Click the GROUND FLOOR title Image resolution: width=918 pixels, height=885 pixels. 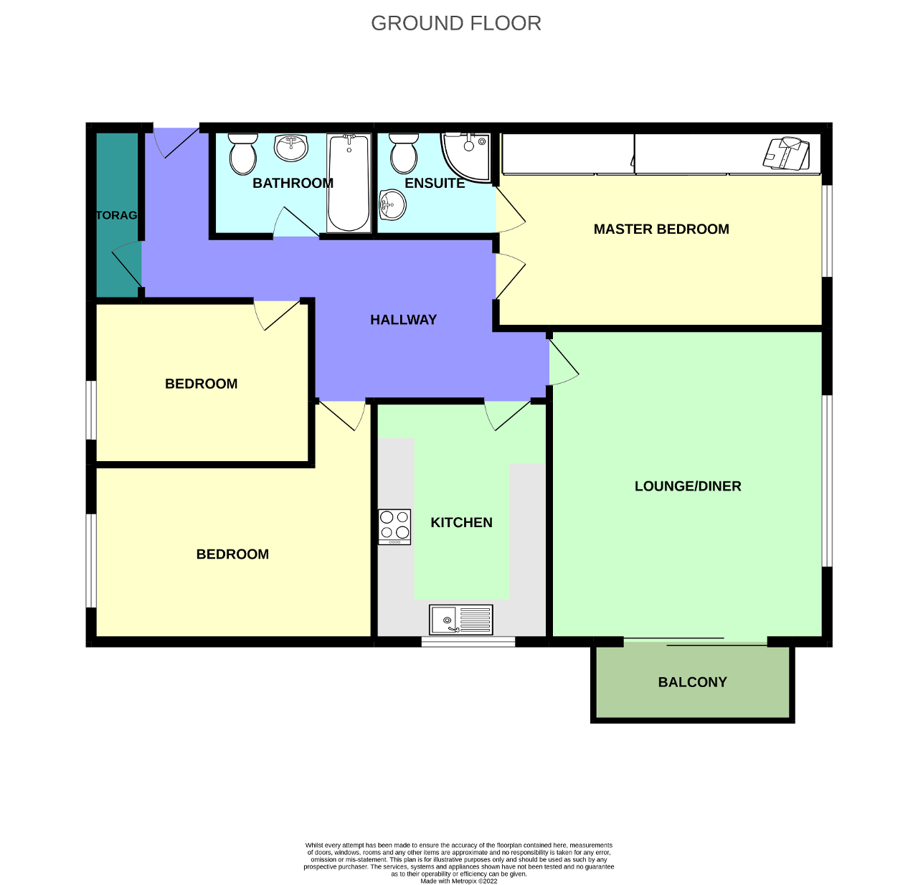456,24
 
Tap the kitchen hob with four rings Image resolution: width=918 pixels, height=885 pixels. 394,526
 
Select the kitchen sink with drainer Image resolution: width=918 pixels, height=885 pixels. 461,620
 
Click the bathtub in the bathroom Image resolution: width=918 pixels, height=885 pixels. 349,183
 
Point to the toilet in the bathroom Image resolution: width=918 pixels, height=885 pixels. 242,153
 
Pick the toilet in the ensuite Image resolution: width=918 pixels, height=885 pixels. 403,152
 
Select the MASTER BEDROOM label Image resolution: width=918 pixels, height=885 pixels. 661,229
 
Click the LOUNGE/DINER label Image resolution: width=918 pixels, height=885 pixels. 688,486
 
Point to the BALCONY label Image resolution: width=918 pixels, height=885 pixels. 692,682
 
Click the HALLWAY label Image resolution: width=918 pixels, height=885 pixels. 403,320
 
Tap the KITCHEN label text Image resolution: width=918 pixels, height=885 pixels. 461,523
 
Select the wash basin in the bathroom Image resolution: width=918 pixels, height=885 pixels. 290,148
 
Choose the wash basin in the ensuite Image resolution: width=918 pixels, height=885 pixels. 392,205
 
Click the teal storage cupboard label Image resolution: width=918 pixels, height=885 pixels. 117,215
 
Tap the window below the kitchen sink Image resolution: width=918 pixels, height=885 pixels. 468,642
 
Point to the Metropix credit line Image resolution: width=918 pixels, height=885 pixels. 458,881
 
